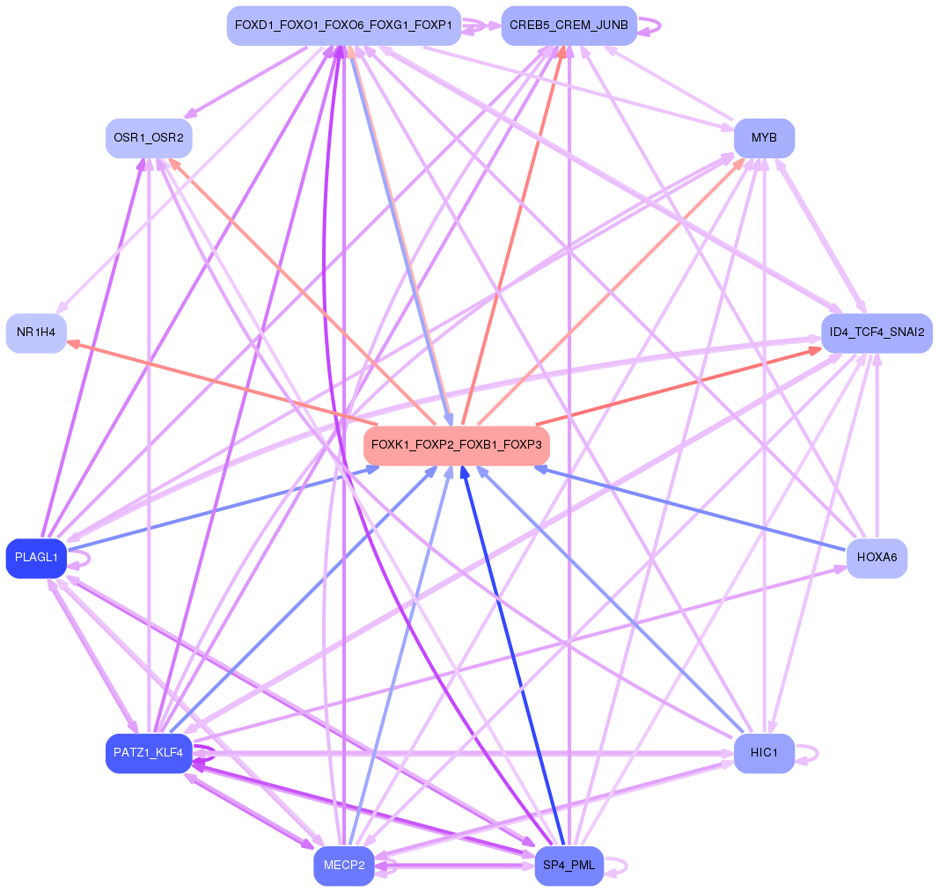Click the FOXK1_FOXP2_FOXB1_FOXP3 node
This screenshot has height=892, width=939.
[x=457, y=445]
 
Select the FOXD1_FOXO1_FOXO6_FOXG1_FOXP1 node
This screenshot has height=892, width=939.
[x=344, y=25]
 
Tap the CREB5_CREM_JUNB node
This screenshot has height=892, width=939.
[x=569, y=25]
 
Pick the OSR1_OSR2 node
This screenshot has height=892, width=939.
[x=149, y=138]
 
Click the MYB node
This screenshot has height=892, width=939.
[x=764, y=138]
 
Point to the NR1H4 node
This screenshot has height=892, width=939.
[x=36, y=333]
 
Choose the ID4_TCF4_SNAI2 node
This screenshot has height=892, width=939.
[x=877, y=333]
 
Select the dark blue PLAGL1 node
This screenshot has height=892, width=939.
[x=36, y=558]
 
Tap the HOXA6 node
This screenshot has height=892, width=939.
[x=877, y=558]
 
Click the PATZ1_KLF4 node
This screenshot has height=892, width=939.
[x=149, y=753]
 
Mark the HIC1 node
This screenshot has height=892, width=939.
[x=764, y=753]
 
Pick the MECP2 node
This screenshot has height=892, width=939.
[x=344, y=866]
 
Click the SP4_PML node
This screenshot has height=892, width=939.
[x=569, y=866]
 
